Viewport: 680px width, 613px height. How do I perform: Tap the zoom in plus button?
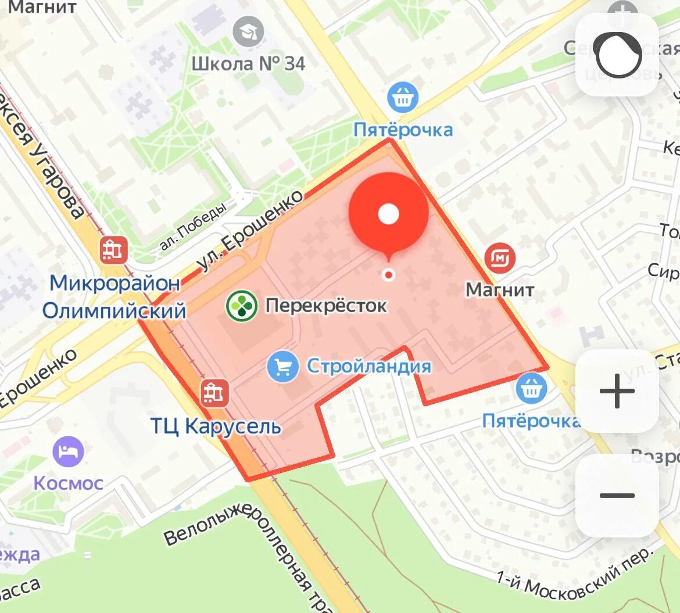(617, 390)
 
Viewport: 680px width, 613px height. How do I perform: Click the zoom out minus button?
(617, 495)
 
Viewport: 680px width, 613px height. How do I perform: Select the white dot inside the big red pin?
(388, 214)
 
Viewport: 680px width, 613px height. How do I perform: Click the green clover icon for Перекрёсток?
(241, 305)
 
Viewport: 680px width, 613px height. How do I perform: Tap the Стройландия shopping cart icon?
(283, 367)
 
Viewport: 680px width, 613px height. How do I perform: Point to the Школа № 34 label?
(248, 63)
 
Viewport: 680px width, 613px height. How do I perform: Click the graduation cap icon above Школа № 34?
(248, 31)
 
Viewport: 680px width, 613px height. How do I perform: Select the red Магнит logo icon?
(500, 257)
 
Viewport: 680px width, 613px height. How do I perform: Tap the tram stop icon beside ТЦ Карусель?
(214, 393)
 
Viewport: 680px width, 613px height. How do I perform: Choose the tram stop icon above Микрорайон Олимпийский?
(113, 250)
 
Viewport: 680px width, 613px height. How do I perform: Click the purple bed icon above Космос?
(68, 451)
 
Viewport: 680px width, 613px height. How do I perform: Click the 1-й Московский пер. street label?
(575, 572)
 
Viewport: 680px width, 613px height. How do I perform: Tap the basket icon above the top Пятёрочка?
(403, 97)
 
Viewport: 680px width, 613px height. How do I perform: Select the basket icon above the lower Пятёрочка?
(531, 388)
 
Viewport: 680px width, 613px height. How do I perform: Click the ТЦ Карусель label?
(216, 426)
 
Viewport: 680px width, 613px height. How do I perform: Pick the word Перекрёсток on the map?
(326, 305)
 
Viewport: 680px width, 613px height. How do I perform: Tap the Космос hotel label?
(68, 483)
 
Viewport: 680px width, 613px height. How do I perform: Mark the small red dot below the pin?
(388, 275)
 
